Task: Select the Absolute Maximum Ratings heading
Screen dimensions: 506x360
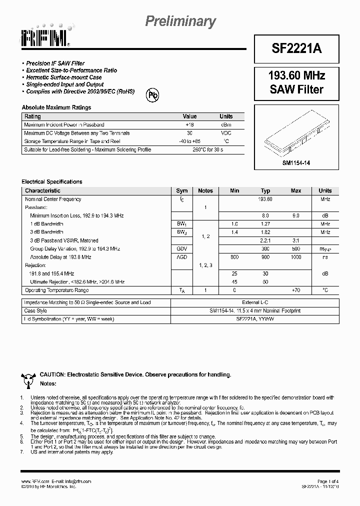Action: pos(56,107)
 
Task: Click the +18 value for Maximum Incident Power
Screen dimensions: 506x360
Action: pos(189,124)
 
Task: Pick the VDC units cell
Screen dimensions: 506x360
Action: pos(225,133)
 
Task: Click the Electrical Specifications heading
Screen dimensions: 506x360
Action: pos(52,181)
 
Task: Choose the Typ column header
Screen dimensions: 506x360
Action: pos(265,190)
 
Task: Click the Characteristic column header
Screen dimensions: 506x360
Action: pos(43,190)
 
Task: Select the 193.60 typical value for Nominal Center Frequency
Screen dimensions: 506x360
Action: pos(265,199)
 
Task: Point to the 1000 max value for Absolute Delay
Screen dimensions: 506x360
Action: pos(296,257)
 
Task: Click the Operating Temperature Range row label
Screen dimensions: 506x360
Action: pos(56,290)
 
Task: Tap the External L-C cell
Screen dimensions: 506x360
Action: pos(255,302)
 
